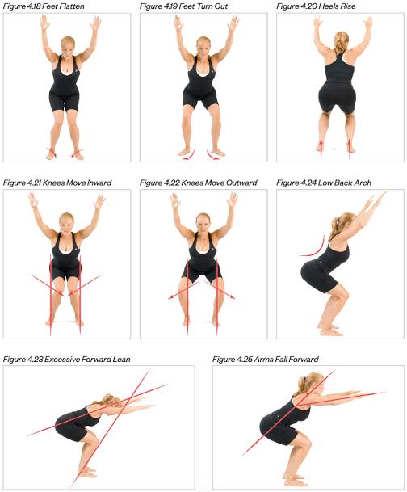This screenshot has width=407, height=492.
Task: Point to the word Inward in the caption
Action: pos(99,183)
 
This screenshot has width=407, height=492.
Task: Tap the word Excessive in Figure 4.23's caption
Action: pos(61,360)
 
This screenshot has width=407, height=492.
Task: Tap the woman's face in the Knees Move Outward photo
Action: pos(203,224)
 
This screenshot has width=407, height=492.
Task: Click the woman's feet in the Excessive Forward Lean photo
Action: pos(86,473)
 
